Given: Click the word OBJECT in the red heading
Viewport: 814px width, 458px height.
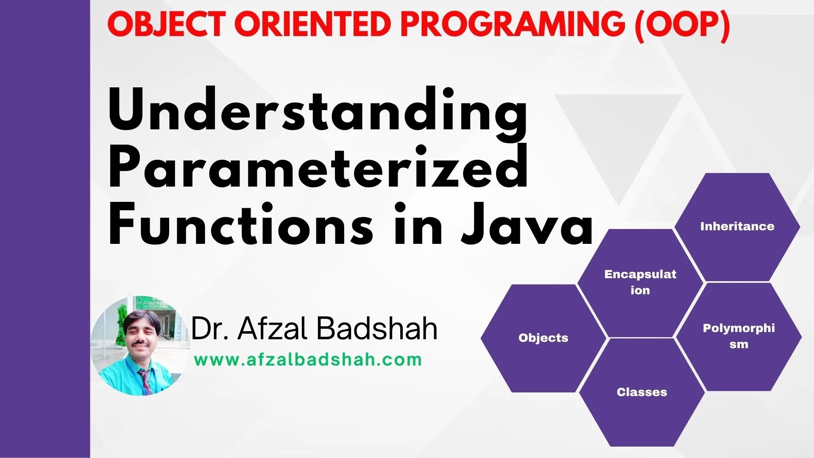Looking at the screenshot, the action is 166,25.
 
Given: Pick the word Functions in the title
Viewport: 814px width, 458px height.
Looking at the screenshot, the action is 241,224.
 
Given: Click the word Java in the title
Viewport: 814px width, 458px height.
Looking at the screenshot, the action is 527,224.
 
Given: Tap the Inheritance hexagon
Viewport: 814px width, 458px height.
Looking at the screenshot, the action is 737,227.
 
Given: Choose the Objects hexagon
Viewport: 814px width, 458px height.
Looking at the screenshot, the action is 544,338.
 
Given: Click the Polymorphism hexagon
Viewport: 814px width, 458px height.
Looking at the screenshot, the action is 739,337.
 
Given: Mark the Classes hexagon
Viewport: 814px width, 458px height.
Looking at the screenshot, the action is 642,392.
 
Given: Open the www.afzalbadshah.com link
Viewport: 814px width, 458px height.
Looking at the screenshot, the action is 308,360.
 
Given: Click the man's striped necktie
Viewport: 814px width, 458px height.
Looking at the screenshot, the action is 146,381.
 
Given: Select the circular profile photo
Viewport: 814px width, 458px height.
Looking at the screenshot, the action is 140,346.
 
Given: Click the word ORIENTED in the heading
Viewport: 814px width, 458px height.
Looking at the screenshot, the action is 312,25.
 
